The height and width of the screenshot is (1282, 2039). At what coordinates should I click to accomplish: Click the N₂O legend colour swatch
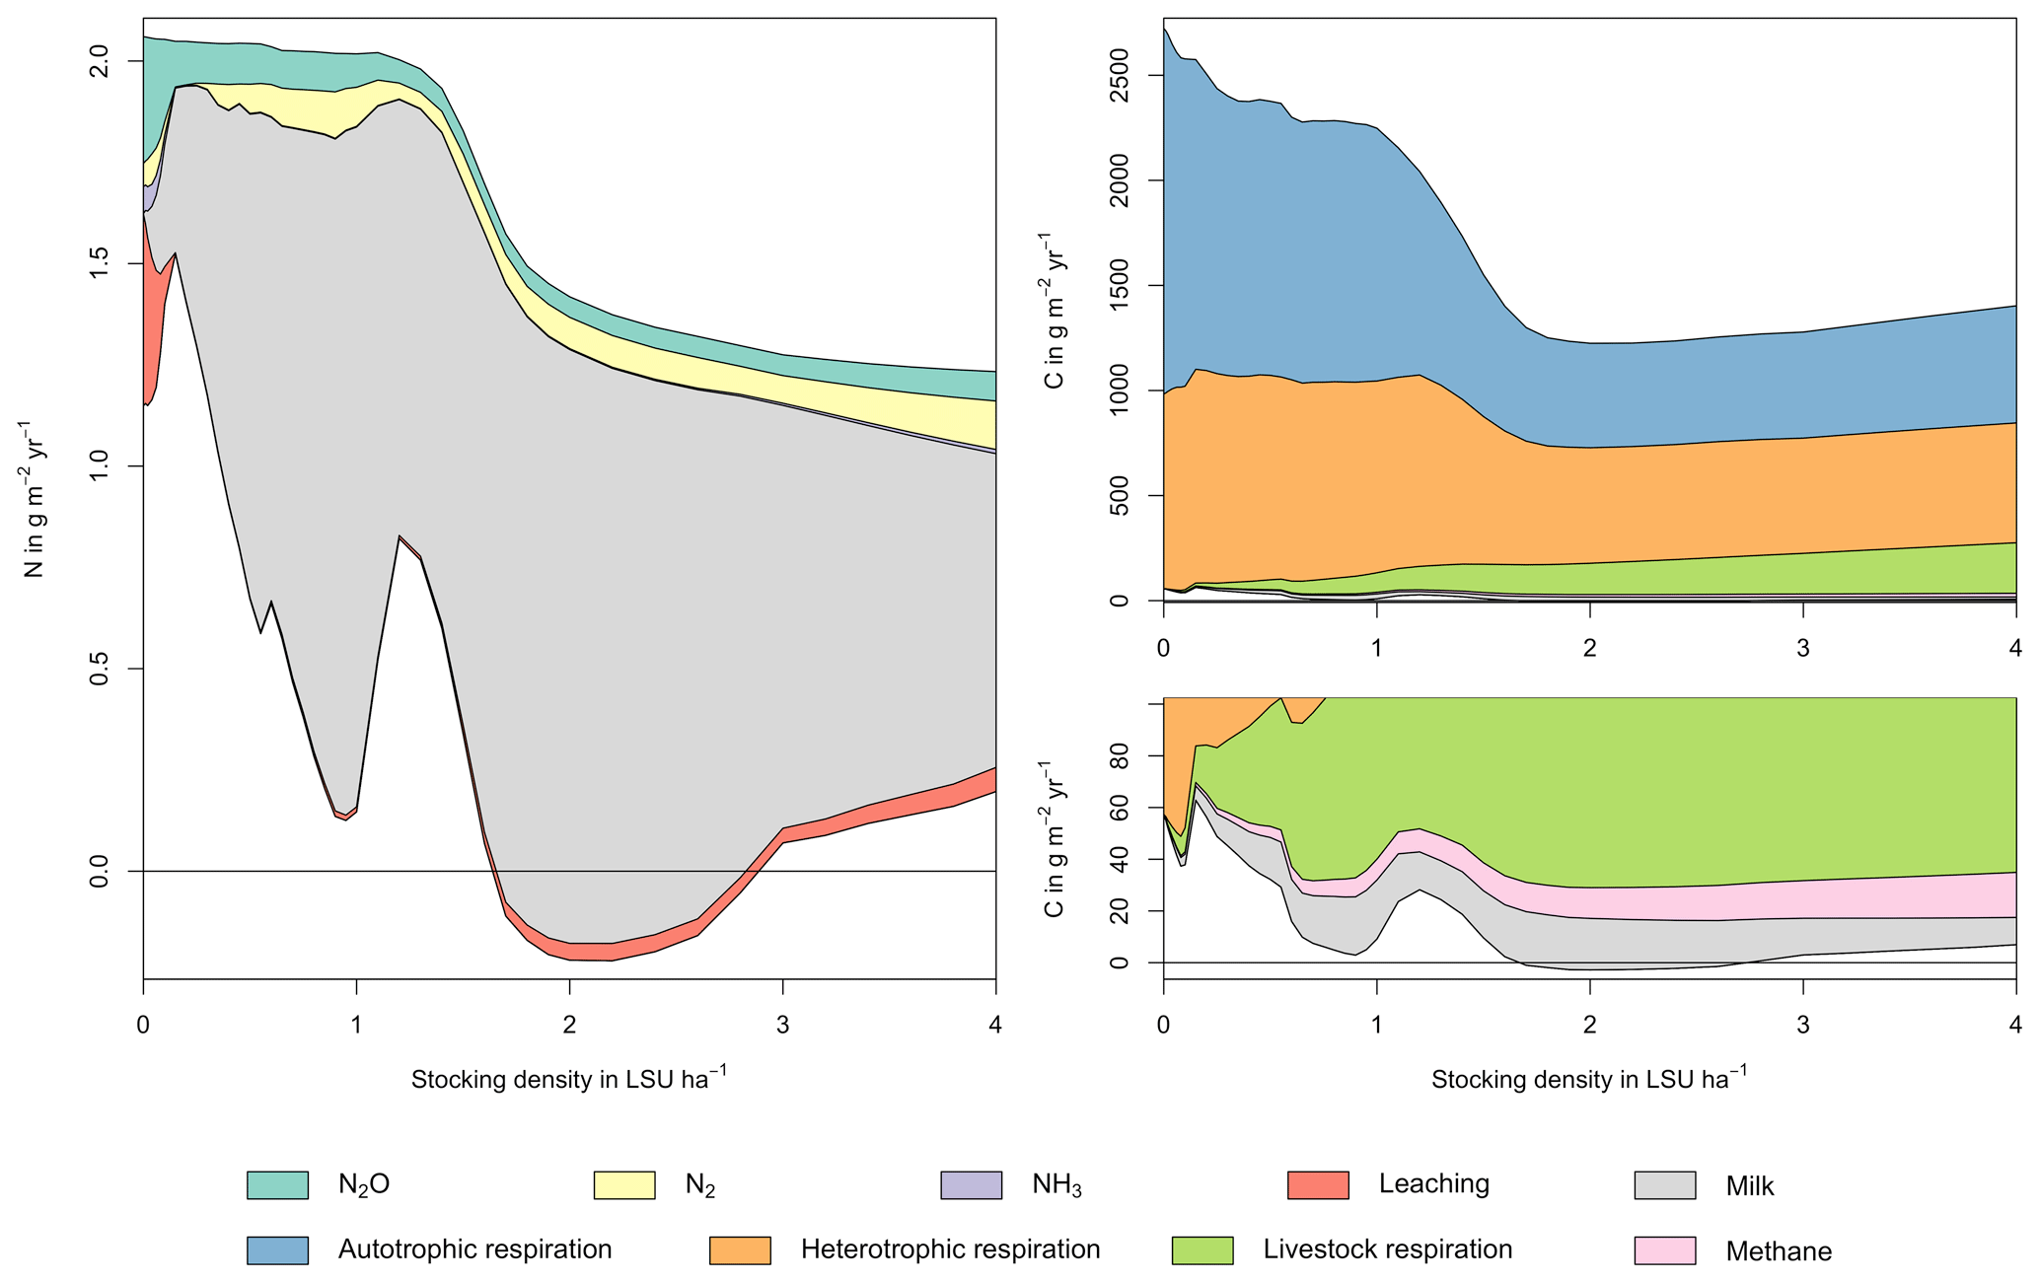[277, 1184]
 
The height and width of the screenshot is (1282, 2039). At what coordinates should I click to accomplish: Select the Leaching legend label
[1433, 1183]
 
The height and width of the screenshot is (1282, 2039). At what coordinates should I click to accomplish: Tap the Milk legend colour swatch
[1664, 1184]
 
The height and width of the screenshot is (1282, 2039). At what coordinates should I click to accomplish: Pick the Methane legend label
[1778, 1250]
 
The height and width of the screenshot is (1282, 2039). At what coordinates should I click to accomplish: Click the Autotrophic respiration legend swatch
[277, 1249]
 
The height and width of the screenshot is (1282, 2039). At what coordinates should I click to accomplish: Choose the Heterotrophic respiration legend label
[950, 1249]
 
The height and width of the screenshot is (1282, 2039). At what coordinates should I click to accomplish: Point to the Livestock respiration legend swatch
[1202, 1249]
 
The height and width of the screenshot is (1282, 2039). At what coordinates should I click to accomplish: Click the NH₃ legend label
[1056, 1184]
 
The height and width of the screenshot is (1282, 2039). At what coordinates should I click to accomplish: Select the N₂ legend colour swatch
[623, 1184]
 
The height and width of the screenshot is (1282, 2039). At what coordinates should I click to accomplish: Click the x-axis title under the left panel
[569, 1079]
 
